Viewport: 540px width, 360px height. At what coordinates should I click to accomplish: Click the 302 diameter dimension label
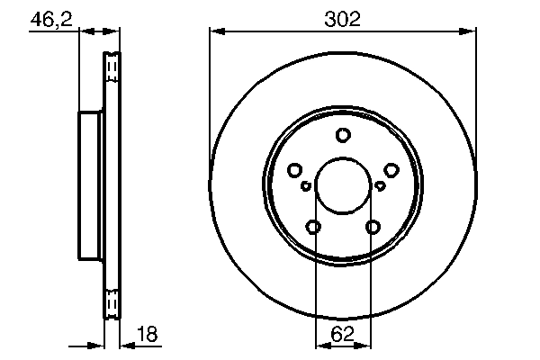342,18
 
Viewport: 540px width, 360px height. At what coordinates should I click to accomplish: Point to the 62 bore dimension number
343,336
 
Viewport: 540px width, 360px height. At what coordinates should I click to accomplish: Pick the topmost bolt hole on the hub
342,135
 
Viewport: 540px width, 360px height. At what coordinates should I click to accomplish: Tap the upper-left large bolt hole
294,169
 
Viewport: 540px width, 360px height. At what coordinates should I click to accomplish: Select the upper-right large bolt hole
391,169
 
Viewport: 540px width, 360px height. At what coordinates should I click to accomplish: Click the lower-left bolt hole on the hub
313,226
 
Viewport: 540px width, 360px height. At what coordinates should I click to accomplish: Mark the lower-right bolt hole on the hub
372,226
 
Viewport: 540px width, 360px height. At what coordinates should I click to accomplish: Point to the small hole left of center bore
306,185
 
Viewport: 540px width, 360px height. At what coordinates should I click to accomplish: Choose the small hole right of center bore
379,185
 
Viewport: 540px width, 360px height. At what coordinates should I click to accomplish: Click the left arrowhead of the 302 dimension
216,31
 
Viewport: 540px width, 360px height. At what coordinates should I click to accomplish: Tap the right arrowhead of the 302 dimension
469,31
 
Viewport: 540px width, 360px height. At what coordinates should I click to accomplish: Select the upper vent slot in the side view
112,67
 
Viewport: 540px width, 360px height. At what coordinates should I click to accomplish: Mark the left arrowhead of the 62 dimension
319,346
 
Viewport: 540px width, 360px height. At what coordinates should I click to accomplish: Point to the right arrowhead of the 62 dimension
366,346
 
